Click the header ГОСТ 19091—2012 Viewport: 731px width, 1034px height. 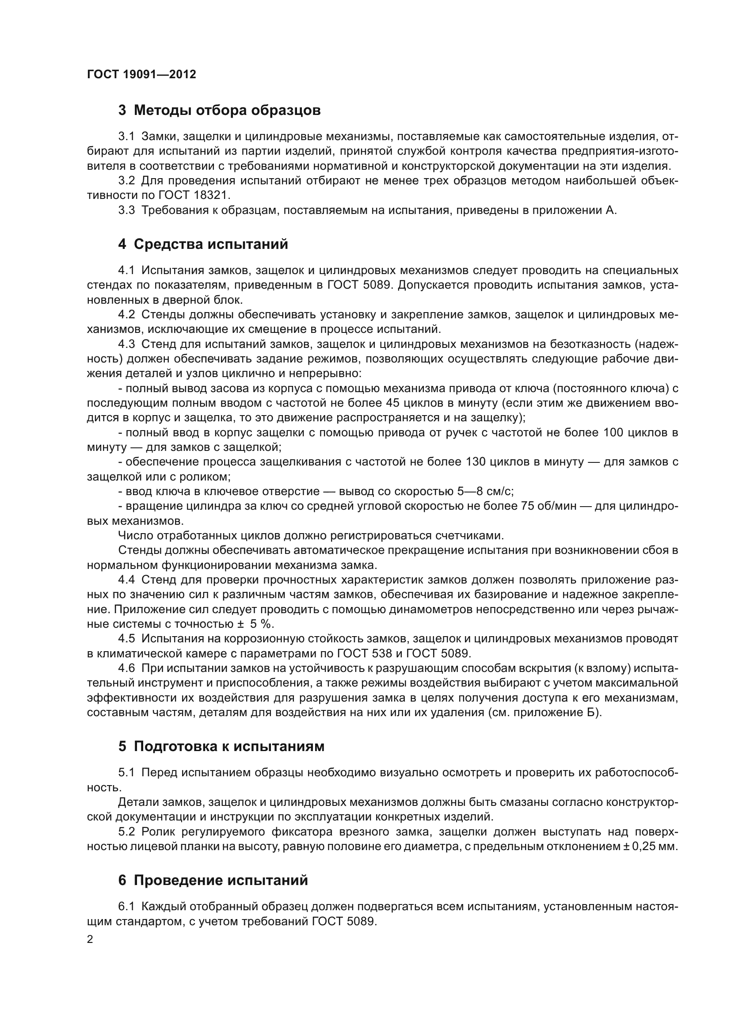point(141,74)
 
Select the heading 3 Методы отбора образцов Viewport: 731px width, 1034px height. point(219,111)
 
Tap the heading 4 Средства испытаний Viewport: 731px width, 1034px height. point(203,244)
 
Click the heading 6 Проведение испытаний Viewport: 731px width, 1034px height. point(213,880)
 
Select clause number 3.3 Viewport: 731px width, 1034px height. point(126,210)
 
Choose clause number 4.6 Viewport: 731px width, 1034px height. point(126,668)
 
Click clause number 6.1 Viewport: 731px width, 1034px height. point(126,906)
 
